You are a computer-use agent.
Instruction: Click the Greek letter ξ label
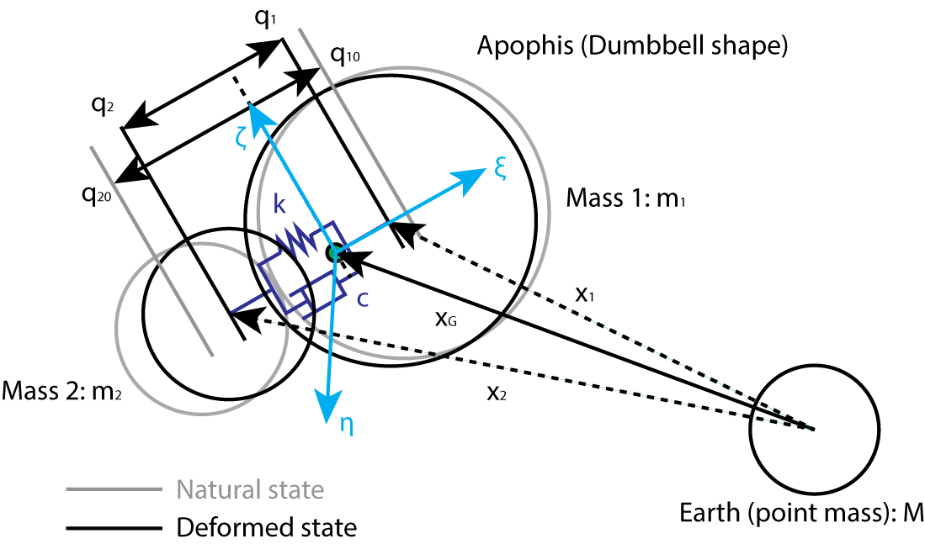500,169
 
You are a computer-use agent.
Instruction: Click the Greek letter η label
346,425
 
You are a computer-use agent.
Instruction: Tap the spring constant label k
280,204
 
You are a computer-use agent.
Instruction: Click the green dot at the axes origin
334,251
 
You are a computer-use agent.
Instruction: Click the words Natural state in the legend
250,489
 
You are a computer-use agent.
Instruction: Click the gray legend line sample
114,489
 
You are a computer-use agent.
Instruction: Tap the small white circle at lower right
814,430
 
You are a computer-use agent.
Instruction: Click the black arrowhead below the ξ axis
405,235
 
